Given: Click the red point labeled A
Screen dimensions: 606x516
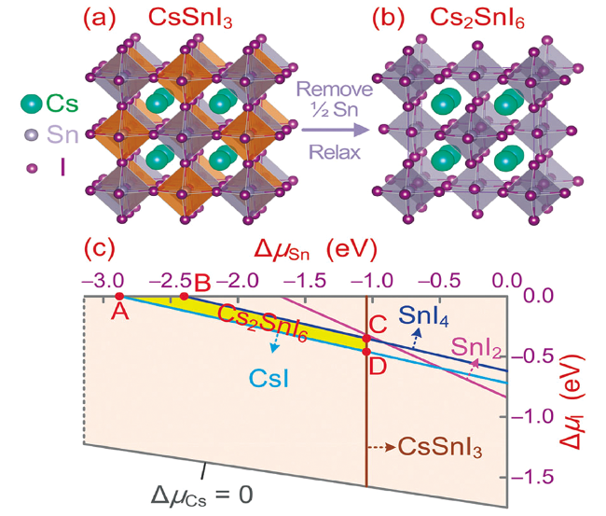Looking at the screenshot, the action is [119, 297].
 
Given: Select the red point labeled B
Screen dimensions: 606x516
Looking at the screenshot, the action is [185, 297].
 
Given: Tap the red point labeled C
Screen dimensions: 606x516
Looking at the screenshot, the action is [366, 339].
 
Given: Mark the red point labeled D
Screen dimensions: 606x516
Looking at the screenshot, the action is [366, 352].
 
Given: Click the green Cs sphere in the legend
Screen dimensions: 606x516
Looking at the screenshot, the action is [32, 104].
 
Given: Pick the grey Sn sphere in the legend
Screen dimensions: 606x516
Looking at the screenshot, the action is [32, 135].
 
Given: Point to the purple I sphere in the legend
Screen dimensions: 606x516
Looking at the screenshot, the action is [33, 168].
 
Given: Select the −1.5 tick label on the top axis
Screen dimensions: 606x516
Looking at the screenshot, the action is [305, 280].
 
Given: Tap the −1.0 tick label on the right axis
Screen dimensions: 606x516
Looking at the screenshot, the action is [532, 416].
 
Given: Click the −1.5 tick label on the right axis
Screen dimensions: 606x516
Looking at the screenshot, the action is [532, 477].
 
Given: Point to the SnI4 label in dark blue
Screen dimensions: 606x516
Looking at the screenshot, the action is [423, 315].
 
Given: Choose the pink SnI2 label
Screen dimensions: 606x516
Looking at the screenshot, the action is [476, 347].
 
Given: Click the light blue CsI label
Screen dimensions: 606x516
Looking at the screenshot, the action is [269, 378].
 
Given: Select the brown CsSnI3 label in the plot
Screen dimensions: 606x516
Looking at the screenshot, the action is [440, 448].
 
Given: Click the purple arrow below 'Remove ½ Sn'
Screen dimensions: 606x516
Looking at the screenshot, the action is [336, 130].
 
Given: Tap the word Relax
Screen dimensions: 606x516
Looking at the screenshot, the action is [335, 152].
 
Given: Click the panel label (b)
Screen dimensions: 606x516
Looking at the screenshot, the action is [389, 18].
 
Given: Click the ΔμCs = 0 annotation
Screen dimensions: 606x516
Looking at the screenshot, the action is [201, 495].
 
